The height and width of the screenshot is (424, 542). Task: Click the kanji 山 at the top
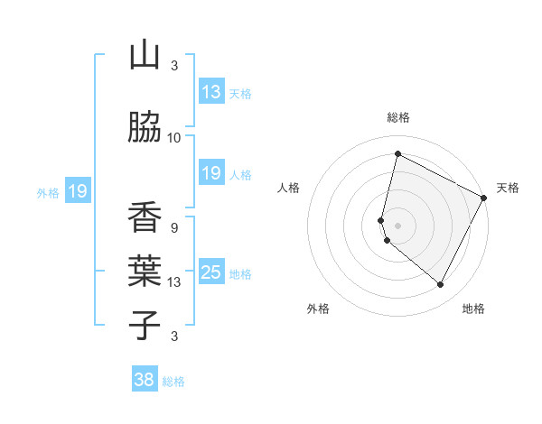[x=145, y=55]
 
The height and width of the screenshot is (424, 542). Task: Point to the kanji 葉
[x=145, y=272]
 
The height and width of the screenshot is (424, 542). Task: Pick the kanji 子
[x=145, y=325]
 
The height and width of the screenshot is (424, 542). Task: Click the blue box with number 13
[x=211, y=92]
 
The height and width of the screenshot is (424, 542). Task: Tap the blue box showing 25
[x=211, y=273]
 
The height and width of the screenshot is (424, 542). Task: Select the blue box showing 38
[x=145, y=381]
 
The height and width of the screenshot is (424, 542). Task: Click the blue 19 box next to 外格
[x=77, y=191]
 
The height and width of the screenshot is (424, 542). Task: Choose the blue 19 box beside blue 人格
[x=211, y=174]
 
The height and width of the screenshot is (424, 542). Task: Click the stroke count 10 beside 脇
[x=174, y=137]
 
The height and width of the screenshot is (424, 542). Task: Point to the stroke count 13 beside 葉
[x=174, y=282]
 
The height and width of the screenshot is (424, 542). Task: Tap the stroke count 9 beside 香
[x=173, y=227]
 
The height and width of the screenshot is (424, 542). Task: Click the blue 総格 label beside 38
[x=173, y=382]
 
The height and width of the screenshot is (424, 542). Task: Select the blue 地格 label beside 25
[x=240, y=274]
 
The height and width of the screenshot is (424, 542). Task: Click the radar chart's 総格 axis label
[x=398, y=117]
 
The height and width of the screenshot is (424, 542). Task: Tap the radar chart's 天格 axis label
[x=508, y=188]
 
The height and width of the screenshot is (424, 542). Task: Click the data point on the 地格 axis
[x=441, y=285]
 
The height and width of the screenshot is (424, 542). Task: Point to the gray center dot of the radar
[x=398, y=226]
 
